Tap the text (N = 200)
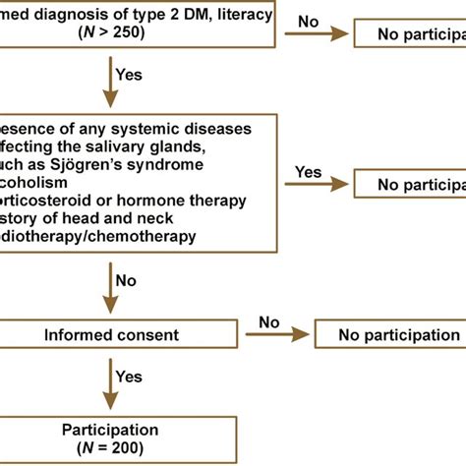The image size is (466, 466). point(110,448)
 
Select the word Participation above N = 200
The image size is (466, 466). point(110,430)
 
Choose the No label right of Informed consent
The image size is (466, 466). point(269,321)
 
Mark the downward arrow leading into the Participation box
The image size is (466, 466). point(110,383)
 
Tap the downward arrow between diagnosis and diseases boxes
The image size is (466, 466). point(110,84)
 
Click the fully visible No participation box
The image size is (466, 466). point(388,335)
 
